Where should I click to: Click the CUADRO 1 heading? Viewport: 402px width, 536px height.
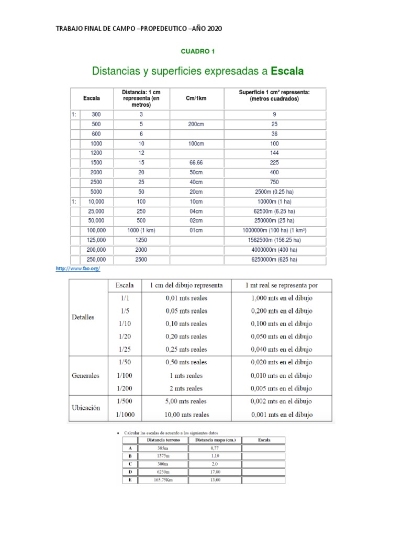tap(198, 51)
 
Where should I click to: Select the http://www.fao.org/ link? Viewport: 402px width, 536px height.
tap(77, 269)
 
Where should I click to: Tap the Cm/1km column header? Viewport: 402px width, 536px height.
tap(196, 98)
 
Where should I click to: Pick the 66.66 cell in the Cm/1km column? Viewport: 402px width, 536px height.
tap(196, 163)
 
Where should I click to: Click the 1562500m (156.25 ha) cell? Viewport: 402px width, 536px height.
tap(274, 240)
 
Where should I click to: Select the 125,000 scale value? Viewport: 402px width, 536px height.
tap(96, 240)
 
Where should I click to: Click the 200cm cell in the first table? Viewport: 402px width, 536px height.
tap(196, 124)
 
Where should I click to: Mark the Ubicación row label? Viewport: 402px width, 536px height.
tap(85, 408)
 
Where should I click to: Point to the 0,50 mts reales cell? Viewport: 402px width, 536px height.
tap(186, 362)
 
